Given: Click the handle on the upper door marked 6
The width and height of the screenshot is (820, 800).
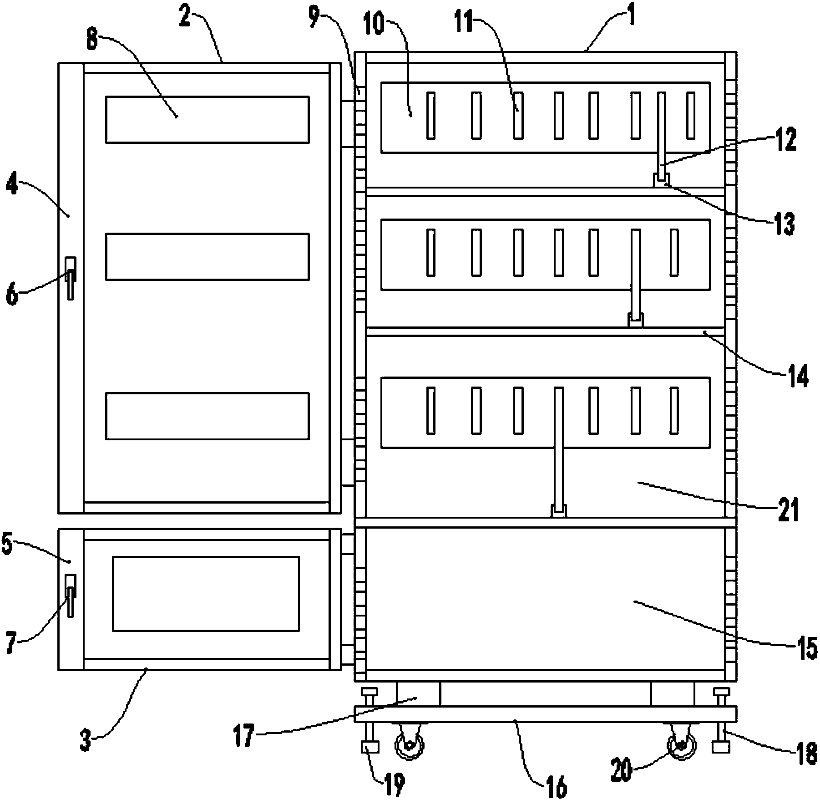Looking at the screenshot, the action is pos(71,278).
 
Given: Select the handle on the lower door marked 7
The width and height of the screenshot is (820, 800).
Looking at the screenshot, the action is pos(71,596).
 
